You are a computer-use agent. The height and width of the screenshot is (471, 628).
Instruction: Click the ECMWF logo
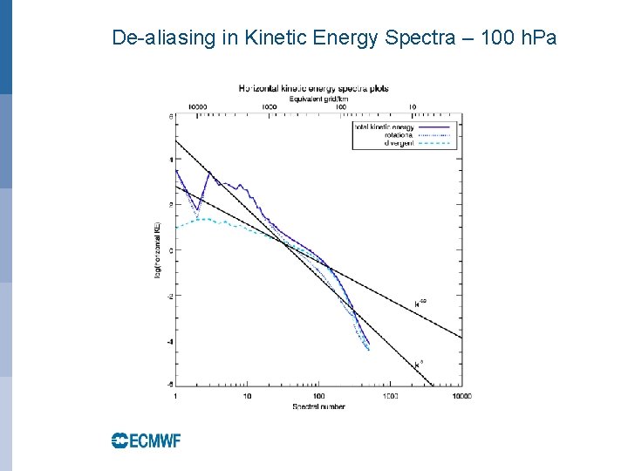[x=146, y=440]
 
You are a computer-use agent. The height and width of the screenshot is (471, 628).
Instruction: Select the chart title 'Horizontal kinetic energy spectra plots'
[x=313, y=88]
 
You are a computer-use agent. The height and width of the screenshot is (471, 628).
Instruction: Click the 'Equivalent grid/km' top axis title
[x=313, y=98]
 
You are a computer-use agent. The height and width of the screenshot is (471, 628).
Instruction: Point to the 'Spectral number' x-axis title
[x=318, y=406]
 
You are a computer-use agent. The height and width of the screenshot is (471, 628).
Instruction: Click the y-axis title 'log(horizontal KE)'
[x=158, y=250]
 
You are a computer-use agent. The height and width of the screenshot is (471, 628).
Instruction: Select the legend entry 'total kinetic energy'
[x=383, y=127]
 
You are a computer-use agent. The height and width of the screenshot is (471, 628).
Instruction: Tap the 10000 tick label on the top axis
[x=197, y=107]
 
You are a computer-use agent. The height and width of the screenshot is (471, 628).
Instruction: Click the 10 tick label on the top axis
[x=412, y=107]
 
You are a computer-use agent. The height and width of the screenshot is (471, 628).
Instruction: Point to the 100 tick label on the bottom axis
[x=318, y=396]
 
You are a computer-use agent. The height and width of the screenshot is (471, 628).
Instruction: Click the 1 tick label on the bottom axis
[x=176, y=396]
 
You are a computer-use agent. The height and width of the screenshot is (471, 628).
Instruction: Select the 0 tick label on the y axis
[x=170, y=250]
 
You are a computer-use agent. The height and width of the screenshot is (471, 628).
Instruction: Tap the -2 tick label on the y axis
[x=169, y=296]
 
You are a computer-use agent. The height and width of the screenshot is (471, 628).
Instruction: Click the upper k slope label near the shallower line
[x=420, y=304]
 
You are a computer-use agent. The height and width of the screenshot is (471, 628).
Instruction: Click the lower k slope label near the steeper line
[x=419, y=361]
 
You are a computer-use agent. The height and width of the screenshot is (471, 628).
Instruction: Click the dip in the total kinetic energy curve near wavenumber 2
[x=197, y=209]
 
